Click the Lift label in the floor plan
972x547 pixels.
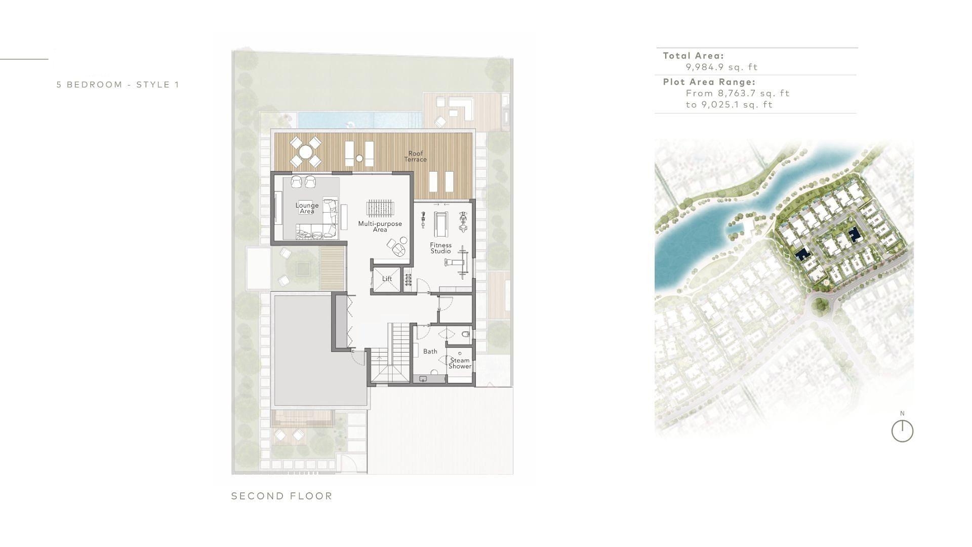coord(387,279)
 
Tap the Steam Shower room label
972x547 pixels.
coord(460,363)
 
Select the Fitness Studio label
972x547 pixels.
coord(441,248)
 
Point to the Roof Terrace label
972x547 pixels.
coord(416,156)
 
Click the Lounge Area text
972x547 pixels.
coord(307,208)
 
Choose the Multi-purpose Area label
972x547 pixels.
coord(380,226)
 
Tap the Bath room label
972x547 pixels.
coord(430,351)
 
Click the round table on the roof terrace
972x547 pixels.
coord(306,152)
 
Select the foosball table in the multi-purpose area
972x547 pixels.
coord(380,208)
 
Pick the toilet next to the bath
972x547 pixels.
coord(466,334)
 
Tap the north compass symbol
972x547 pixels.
coord(902,431)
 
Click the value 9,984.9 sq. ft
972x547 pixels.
coord(722,67)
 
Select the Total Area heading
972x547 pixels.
coord(694,56)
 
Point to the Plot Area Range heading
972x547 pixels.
coord(709,82)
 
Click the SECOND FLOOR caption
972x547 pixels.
coord(282,496)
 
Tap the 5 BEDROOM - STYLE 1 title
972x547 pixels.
coord(118,85)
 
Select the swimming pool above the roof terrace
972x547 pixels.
coord(360,120)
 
